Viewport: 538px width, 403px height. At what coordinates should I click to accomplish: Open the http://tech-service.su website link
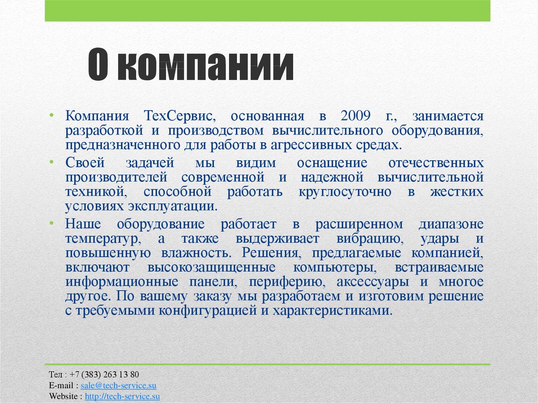pos(122,396)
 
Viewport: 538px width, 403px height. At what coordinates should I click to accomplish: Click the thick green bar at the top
pos(267,11)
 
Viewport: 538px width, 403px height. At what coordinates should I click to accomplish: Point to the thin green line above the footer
pos(267,364)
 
